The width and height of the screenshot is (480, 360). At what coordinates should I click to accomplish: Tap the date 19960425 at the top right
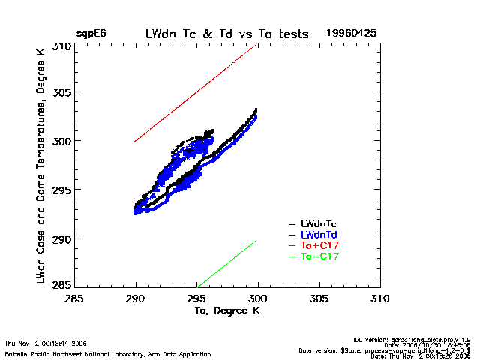pos(351,34)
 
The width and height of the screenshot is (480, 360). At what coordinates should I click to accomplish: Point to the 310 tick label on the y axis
pos(62,46)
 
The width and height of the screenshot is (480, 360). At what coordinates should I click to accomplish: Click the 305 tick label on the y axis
pos(62,94)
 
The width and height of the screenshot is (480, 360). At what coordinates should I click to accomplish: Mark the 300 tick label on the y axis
pos(62,142)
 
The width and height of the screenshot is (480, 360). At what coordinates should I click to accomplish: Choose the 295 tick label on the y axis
pos(62,190)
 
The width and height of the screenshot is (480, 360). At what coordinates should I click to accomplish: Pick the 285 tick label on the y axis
pos(62,286)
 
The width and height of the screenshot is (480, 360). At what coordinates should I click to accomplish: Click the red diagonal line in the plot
pos(196,93)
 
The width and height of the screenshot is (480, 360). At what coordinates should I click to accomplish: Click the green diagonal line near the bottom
pos(227,263)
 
